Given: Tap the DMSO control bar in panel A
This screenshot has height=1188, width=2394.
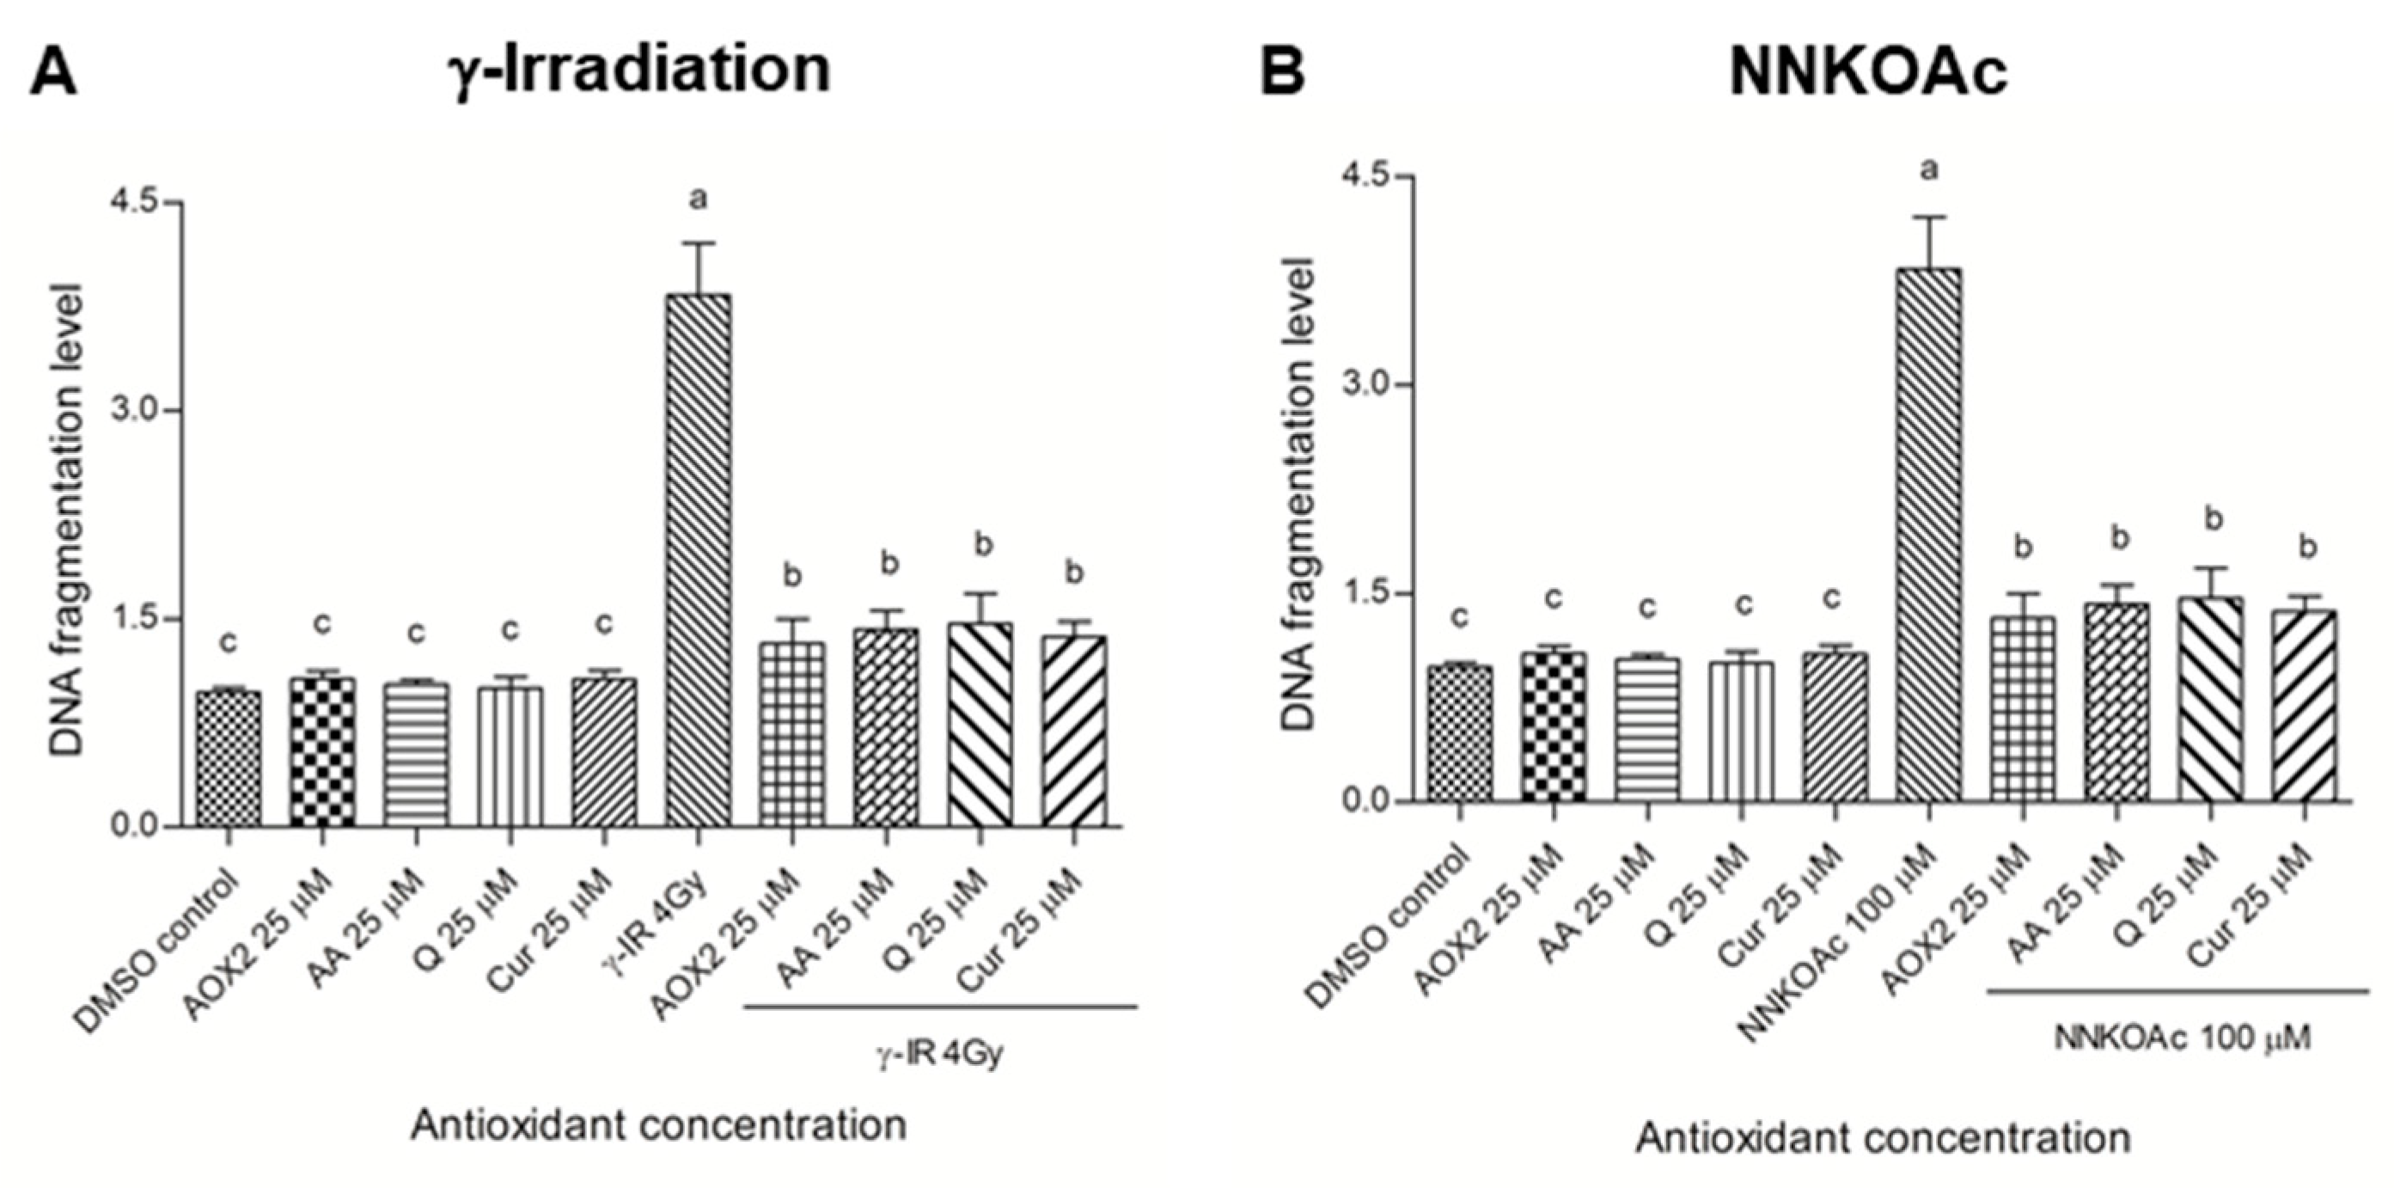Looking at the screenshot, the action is (x=229, y=758).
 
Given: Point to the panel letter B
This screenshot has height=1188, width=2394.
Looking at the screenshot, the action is (x=1282, y=70).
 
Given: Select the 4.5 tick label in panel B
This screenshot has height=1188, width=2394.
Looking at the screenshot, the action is (x=1367, y=176).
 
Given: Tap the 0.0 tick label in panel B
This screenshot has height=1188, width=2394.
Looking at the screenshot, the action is (x=1367, y=800).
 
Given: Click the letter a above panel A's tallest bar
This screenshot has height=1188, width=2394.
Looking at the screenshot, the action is (x=698, y=197).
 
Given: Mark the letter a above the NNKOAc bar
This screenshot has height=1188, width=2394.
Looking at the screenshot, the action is (x=1929, y=170).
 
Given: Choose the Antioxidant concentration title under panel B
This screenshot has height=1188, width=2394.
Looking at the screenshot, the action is (x=1883, y=1138).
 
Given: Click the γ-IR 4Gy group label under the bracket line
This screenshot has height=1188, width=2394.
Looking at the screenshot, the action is (x=940, y=1054).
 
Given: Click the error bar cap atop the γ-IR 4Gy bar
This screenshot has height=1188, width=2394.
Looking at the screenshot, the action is (x=698, y=242).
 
